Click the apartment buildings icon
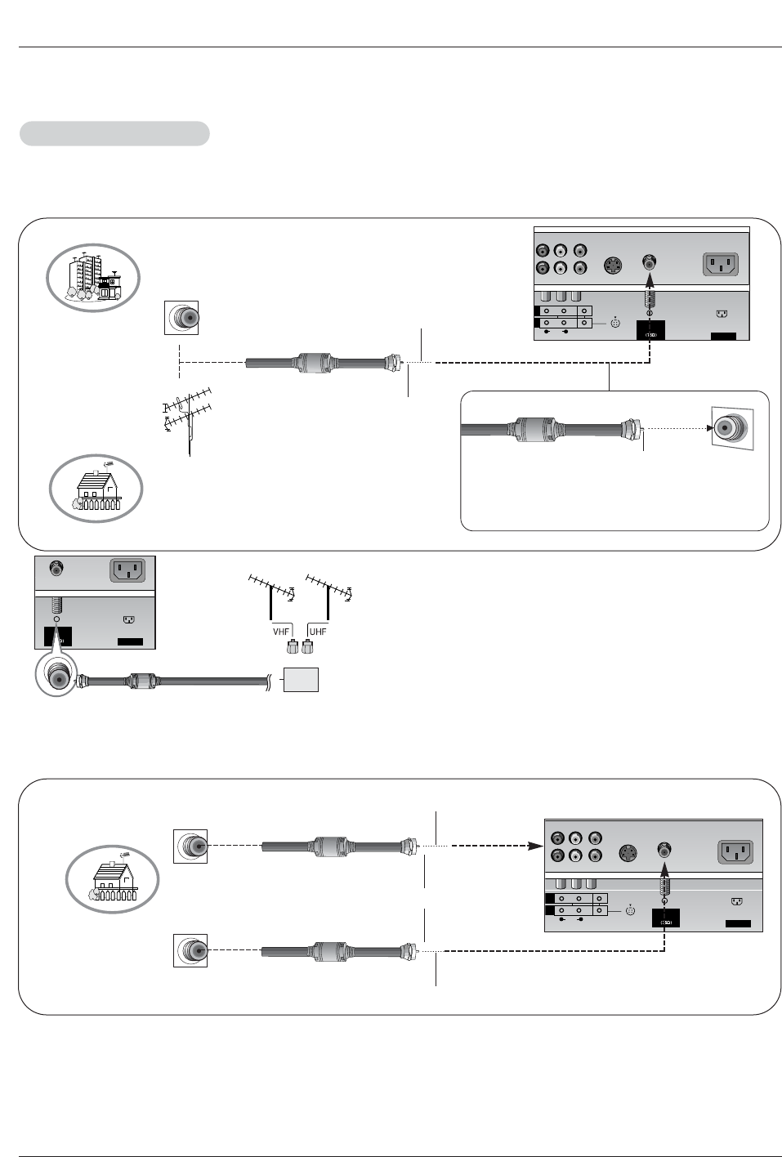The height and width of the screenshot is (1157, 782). (x=93, y=278)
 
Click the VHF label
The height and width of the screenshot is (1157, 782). (x=281, y=632)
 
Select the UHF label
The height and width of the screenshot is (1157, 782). (x=318, y=632)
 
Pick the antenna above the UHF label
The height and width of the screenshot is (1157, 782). (x=328, y=595)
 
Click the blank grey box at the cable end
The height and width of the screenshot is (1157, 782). (x=301, y=680)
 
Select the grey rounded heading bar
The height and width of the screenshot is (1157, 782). (x=114, y=134)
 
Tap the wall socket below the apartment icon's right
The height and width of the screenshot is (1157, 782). (x=181, y=317)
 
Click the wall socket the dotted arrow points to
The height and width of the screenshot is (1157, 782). (x=731, y=428)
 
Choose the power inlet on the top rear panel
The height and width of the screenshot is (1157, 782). (x=721, y=265)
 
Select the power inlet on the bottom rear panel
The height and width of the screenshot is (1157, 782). (x=735, y=853)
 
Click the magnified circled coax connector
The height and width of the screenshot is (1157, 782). (x=56, y=676)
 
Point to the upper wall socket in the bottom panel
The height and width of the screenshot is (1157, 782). (x=190, y=846)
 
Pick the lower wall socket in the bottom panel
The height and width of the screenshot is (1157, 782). (x=190, y=950)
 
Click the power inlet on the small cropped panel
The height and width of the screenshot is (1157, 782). (x=127, y=570)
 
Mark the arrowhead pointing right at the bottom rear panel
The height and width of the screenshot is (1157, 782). (x=535, y=846)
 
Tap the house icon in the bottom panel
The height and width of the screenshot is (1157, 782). (x=112, y=879)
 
